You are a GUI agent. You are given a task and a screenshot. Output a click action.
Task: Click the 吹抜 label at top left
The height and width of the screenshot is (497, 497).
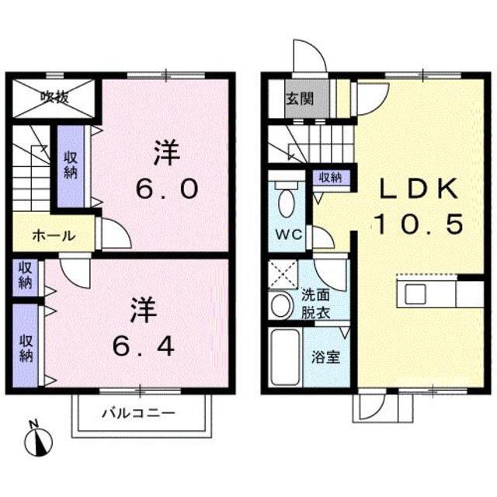(x=54, y=97)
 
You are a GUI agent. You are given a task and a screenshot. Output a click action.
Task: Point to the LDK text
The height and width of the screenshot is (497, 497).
(x=420, y=189)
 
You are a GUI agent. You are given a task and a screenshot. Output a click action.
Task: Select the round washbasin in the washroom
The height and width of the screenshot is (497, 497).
(x=280, y=305)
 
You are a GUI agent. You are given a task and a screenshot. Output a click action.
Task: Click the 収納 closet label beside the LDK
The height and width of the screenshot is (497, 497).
(x=330, y=178)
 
